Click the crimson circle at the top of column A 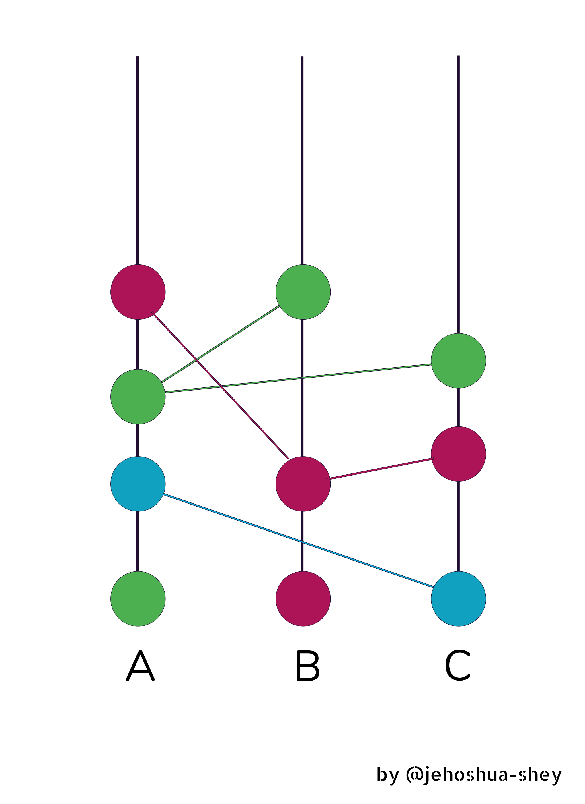pos(138,292)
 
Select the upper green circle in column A pos(138,397)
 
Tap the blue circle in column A pos(138,484)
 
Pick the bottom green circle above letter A pos(138,599)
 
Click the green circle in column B pos(303,292)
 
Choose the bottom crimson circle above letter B pos(303,599)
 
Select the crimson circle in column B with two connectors pos(303,484)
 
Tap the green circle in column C pos(459,361)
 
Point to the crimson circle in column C pos(459,454)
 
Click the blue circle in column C pos(459,599)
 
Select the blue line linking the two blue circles pos(298,541)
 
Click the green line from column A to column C pos(299,378)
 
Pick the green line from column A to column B pos(221,344)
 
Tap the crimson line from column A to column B pos(220,385)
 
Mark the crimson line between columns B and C pos(380,469)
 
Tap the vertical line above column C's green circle pos(458,195)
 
